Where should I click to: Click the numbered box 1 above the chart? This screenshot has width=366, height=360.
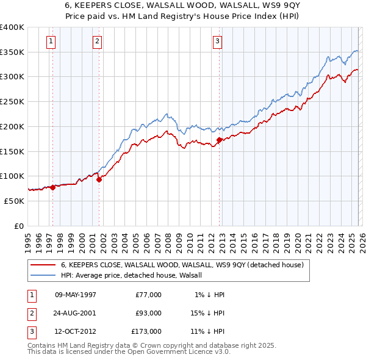(x=50, y=41)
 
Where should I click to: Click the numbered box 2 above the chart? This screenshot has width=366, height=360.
(x=97, y=41)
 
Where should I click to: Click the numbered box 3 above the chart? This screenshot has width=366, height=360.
(x=217, y=41)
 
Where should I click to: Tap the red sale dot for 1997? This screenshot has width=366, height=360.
(x=52, y=187)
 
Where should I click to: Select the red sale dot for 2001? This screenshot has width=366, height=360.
(x=99, y=179)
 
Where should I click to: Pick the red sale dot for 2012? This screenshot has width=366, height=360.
(x=219, y=140)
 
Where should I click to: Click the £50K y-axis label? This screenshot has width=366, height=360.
(x=14, y=200)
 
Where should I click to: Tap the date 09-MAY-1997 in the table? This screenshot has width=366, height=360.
(x=76, y=295)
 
